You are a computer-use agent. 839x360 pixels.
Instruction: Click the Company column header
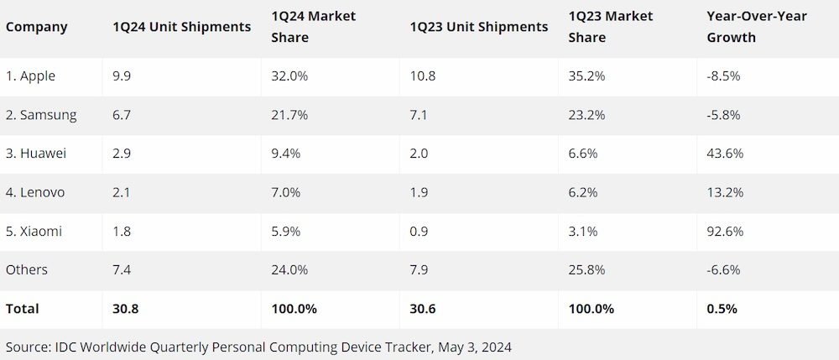pyautogui.click(x=37, y=27)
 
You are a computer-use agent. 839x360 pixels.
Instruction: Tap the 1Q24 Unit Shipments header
pyautogui.click(x=181, y=27)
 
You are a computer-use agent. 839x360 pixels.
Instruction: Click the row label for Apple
pyautogui.click(x=31, y=76)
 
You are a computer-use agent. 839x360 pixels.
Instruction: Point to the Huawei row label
pyautogui.click(x=36, y=154)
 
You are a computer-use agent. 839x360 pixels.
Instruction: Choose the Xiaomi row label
pyautogui.click(x=34, y=231)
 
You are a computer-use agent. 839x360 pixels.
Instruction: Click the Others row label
pyautogui.click(x=27, y=269)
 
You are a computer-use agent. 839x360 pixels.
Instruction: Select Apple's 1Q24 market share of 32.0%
pyautogui.click(x=289, y=76)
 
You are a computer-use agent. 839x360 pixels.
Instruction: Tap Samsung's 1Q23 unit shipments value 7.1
pyautogui.click(x=418, y=115)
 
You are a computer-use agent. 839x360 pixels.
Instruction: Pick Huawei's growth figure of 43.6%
pyautogui.click(x=724, y=154)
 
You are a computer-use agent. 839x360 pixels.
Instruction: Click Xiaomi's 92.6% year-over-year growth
pyautogui.click(x=724, y=231)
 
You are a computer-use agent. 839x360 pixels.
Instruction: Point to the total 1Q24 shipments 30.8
pyautogui.click(x=125, y=309)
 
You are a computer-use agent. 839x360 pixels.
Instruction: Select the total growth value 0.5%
pyautogui.click(x=722, y=309)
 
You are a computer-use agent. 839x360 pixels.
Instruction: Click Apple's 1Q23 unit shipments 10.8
pyautogui.click(x=422, y=76)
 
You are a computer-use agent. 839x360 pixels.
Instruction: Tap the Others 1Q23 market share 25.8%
pyautogui.click(x=586, y=269)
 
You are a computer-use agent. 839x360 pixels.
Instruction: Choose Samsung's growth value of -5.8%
pyautogui.click(x=723, y=115)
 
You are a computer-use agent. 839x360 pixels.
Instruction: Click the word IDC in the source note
pyautogui.click(x=65, y=346)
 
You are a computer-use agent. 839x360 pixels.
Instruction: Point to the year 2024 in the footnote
pyautogui.click(x=496, y=346)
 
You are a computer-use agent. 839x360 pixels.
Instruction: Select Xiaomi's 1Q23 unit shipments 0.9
pyautogui.click(x=418, y=231)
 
